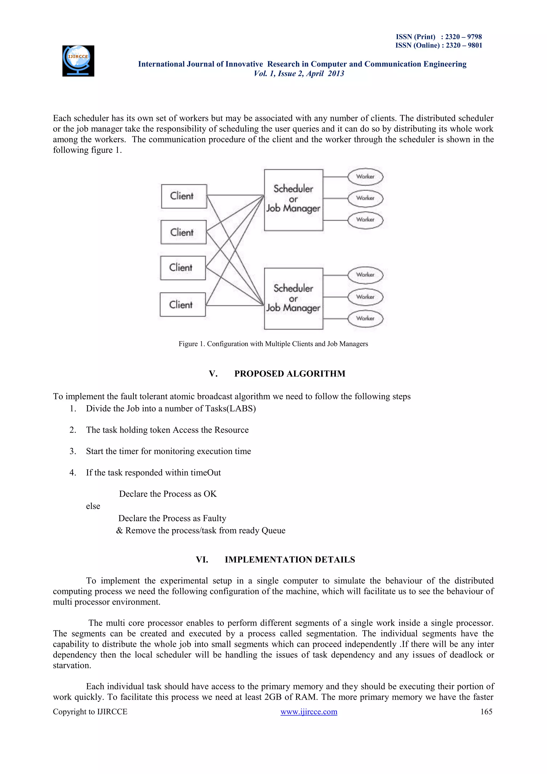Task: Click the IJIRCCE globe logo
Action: coord(78,61)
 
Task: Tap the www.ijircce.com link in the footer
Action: coord(308,712)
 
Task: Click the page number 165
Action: coord(486,712)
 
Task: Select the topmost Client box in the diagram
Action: coord(184,196)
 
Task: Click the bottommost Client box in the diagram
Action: coord(183,304)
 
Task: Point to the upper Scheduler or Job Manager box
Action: coord(293,200)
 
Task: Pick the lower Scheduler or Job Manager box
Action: coord(293,299)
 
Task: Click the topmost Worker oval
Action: coord(365,177)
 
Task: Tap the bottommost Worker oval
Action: coord(365,319)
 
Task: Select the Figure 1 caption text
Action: coord(273,344)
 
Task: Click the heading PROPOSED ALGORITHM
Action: coord(290,374)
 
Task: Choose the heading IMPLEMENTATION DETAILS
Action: coord(290,560)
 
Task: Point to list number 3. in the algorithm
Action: coord(73,451)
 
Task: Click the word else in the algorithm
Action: coord(93,506)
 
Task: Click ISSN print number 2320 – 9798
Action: coord(463,37)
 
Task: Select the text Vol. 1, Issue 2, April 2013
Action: coord(299,73)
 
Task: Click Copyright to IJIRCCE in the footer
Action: coord(90,712)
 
